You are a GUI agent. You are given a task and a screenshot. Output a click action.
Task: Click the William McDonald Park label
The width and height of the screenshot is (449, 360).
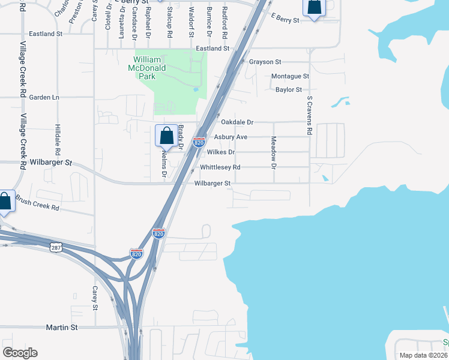155,68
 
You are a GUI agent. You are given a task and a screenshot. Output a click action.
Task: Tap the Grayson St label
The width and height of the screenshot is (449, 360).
265,62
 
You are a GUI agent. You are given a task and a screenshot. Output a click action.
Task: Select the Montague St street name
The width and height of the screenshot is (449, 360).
290,76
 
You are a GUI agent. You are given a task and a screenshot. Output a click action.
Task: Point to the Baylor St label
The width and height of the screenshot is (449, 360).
288,89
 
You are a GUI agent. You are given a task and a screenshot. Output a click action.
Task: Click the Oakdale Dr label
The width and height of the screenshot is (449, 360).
238,122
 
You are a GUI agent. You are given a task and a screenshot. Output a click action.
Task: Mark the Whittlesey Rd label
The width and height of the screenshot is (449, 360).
220,167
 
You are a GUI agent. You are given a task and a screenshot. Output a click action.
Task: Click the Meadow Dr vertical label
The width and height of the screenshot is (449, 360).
273,152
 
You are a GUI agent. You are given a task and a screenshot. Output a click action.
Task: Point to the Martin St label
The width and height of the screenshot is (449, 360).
62,328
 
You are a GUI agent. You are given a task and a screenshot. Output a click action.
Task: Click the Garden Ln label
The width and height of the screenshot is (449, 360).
44,97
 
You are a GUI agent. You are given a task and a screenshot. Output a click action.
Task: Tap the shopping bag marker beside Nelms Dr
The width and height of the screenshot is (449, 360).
166,136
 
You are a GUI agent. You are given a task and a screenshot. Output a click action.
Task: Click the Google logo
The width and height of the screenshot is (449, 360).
20,353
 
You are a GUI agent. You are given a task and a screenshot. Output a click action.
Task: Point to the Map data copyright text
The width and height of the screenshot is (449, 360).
424,355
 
